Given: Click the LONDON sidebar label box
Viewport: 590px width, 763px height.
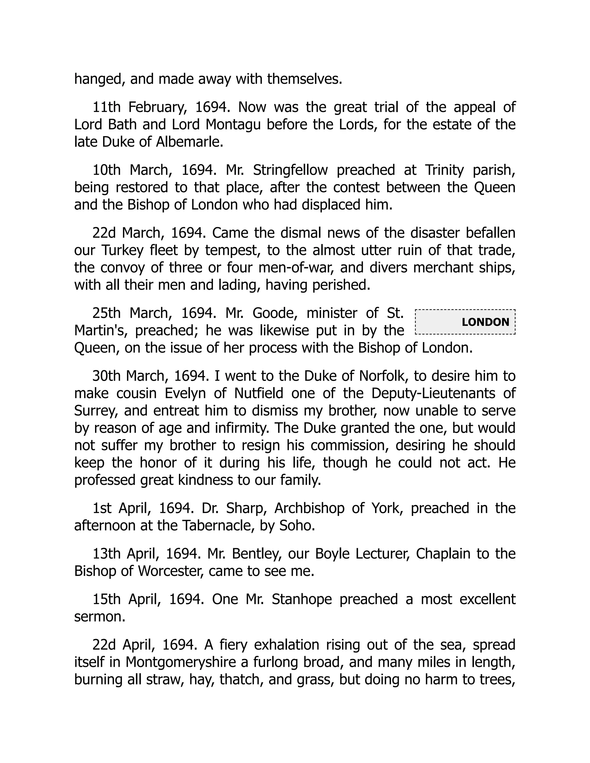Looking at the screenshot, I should pos(465,322).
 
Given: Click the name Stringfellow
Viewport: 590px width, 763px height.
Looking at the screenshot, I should pos(290,170).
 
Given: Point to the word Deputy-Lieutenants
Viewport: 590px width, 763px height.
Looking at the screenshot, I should pos(433,393).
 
